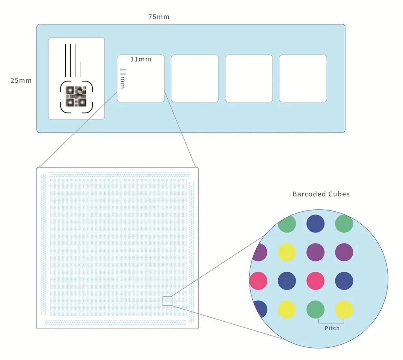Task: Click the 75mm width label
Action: pyautogui.click(x=159, y=17)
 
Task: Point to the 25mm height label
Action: pyautogui.click(x=21, y=80)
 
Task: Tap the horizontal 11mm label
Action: pyautogui.click(x=140, y=59)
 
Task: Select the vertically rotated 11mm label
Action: pyautogui.click(x=122, y=78)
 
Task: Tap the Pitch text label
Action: pyautogui.click(x=332, y=328)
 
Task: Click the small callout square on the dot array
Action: pyautogui.click(x=167, y=301)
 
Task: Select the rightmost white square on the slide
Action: pyautogui.click(x=303, y=78)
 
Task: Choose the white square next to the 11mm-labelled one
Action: pyautogui.click(x=194, y=78)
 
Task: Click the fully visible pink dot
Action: pyautogui.click(x=315, y=281)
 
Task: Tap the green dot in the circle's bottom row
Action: pyautogui.click(x=315, y=309)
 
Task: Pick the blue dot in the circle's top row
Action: pyautogui.click(x=315, y=223)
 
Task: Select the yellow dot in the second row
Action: pyautogui.click(x=287, y=252)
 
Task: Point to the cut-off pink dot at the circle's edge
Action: pyautogui.click(x=259, y=281)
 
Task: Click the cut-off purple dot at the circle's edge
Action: pyautogui.click(x=261, y=252)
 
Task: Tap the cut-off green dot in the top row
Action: pyautogui.click(x=287, y=224)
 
